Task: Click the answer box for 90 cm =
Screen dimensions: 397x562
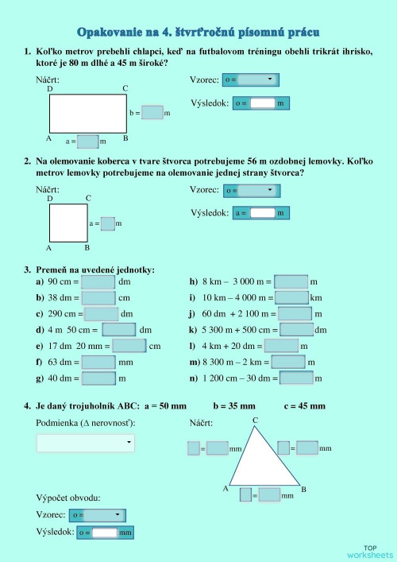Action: tap(98, 281)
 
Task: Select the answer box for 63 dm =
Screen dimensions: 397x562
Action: tap(98, 362)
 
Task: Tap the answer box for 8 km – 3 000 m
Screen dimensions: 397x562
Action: tap(291, 281)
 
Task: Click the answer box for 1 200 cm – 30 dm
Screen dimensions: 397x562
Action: tap(296, 378)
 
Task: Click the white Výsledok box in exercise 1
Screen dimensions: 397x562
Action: tap(263, 103)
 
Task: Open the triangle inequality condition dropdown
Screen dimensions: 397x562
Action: tap(86, 443)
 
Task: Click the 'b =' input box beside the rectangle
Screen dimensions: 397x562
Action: tap(152, 113)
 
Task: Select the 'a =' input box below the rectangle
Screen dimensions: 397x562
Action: tap(87, 141)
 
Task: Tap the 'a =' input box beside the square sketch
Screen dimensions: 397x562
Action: tap(108, 223)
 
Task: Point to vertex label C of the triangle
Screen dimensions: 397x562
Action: tap(255, 420)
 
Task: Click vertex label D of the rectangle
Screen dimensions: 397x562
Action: tap(50, 88)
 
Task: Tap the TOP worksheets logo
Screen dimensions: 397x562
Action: tap(370, 552)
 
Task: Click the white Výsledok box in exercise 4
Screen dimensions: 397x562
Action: tap(105, 533)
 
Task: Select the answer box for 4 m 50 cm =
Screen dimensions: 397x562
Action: tap(119, 330)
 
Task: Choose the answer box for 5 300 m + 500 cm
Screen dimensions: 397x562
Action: tap(296, 330)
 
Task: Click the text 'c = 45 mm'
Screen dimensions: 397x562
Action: tap(305, 406)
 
